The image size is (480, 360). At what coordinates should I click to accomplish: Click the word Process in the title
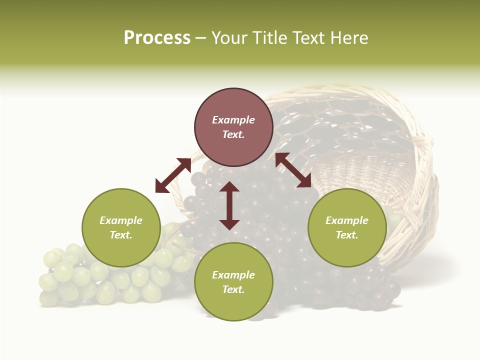coord(157,38)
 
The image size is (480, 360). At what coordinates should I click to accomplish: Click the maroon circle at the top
coord(233,105)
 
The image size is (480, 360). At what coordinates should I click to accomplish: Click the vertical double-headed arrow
coord(229,205)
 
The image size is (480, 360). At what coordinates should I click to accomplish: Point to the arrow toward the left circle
coord(173,175)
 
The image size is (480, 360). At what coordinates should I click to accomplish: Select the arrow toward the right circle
coord(293,170)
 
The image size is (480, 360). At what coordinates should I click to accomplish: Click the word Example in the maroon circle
coord(233,120)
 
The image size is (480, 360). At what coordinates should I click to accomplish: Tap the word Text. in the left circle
coord(121,235)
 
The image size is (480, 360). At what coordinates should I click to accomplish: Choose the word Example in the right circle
coord(347,220)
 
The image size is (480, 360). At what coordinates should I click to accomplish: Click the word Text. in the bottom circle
coord(233,289)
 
